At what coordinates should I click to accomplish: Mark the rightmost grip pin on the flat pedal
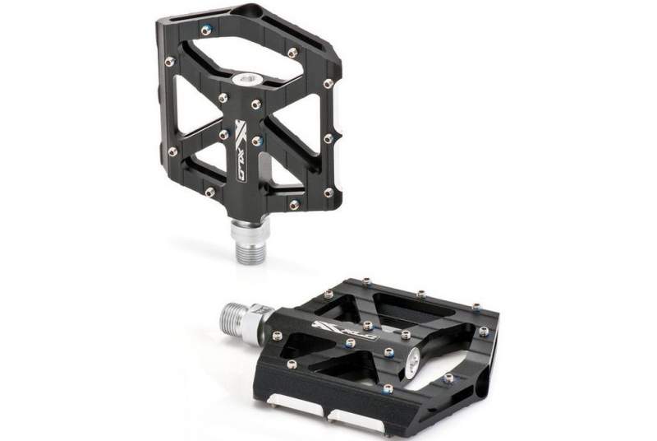pos(484,332)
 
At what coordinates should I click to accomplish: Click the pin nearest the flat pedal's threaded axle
pos(277,335)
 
